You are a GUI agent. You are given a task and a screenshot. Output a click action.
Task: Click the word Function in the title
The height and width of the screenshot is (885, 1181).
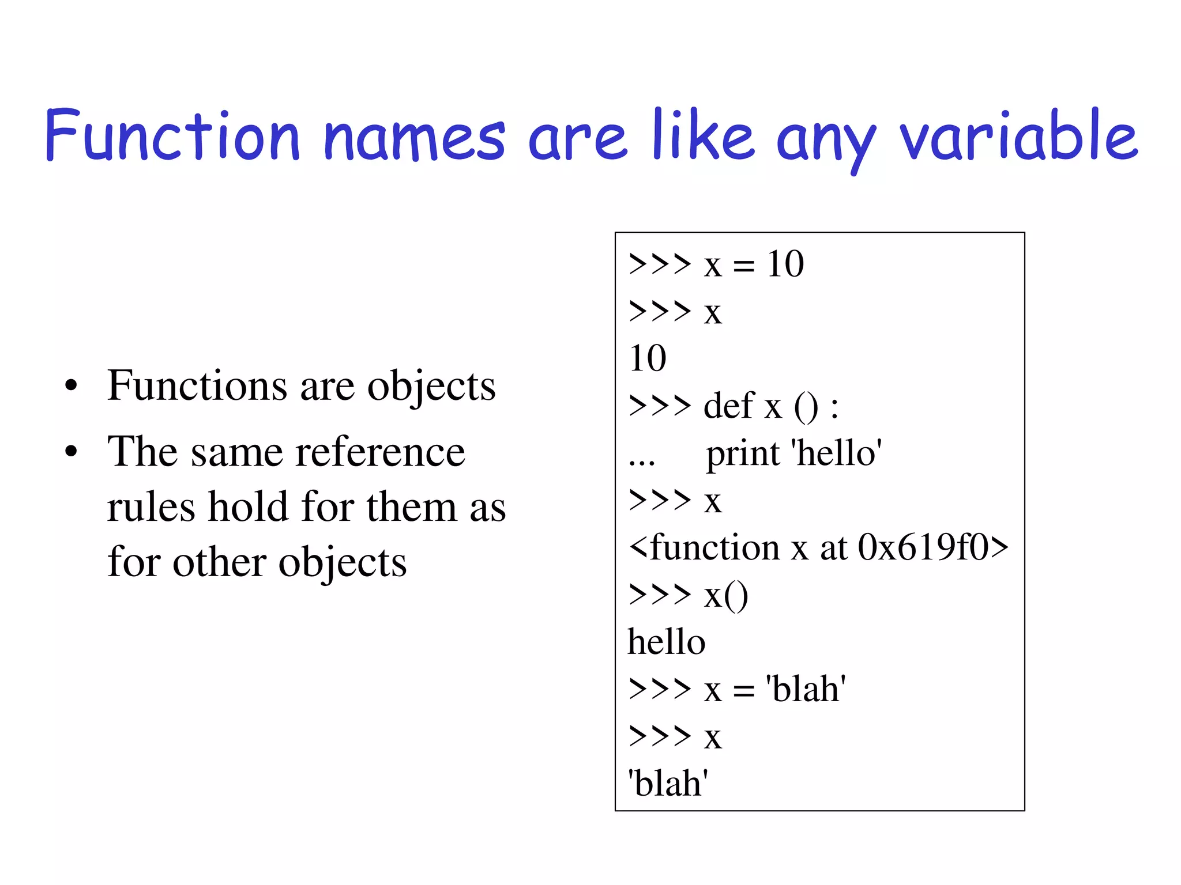[172, 136]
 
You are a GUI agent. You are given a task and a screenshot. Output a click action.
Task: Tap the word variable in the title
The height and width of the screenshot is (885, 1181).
[1018, 136]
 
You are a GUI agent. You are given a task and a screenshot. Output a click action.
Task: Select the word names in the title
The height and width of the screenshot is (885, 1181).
[414, 138]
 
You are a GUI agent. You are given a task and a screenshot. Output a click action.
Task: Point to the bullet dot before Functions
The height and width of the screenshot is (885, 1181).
[71, 386]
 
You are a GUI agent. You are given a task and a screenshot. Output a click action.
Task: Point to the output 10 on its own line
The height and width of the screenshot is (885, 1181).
[648, 358]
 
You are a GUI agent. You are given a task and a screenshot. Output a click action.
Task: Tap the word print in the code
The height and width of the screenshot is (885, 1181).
[743, 454]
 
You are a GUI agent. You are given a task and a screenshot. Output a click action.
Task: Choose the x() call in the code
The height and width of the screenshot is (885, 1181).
[725, 596]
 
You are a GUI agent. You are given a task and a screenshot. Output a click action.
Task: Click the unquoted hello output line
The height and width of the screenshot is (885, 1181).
[666, 642]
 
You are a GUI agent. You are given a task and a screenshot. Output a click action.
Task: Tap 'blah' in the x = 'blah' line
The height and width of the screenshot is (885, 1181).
[806, 689]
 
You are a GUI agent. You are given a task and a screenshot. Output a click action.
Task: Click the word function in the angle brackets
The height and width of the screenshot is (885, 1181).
[715, 547]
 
